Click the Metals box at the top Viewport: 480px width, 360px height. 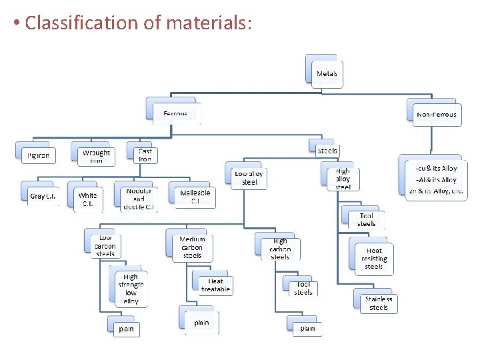tap(326, 73)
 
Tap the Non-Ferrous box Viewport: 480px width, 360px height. tap(436, 114)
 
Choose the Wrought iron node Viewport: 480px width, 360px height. tap(96, 156)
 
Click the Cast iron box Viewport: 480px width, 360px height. tap(145, 155)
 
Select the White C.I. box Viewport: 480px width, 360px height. tap(87, 199)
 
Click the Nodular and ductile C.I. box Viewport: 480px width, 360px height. tap(139, 199)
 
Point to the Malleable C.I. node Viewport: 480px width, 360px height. tap(195, 196)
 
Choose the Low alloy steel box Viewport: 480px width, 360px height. tap(249, 177)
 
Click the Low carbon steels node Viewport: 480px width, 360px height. tap(105, 245)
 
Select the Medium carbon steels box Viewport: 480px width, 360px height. tap(192, 247)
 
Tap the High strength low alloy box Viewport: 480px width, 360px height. tap(130, 289)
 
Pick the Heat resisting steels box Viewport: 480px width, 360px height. tap(373, 258)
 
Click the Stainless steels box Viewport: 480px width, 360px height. tap(378, 303)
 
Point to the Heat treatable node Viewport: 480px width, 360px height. tap(215, 285)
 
